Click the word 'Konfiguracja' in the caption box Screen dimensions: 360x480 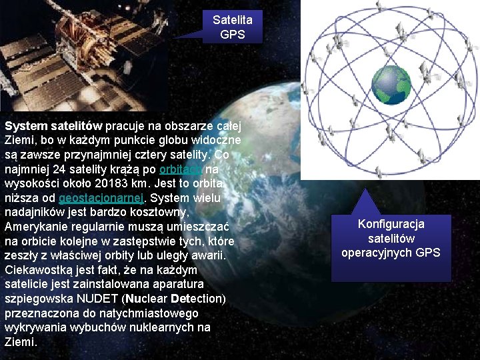point(391,224)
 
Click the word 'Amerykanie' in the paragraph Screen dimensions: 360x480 point(35,227)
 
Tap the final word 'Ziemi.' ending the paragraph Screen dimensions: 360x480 point(20,342)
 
